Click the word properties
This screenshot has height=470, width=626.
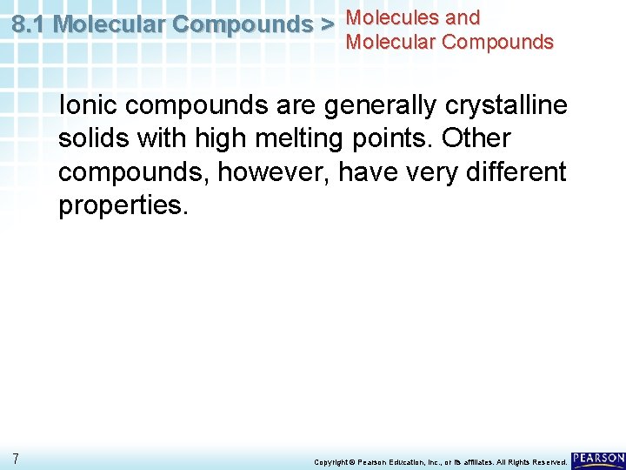pos(123,206)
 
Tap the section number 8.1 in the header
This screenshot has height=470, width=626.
pos(30,24)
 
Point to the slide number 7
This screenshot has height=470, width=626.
pos(17,459)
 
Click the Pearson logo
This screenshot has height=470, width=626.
pos(598,459)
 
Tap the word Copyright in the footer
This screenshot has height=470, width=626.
pos(330,461)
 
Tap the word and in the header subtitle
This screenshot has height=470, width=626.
pos(461,17)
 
